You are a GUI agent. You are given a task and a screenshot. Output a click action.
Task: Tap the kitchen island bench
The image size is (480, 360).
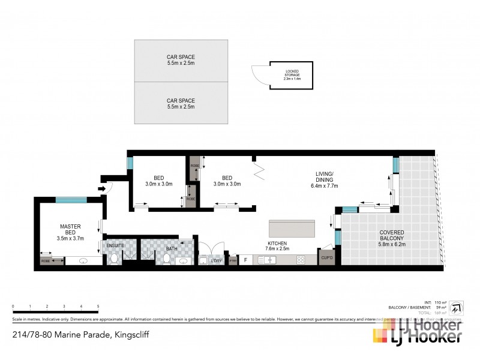pyautogui.click(x=292, y=229)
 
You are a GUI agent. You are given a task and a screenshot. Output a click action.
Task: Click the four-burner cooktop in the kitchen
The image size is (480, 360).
pyautogui.click(x=301, y=260)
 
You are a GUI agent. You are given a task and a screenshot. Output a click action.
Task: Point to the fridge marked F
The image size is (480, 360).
pyautogui.click(x=245, y=260)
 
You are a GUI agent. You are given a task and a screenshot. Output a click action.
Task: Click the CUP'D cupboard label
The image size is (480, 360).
pyautogui.click(x=326, y=259)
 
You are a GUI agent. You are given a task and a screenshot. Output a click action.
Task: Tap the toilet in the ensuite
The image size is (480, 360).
pyautogui.click(x=113, y=259)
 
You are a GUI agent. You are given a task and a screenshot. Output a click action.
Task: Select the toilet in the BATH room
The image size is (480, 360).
pyautogui.click(x=166, y=259)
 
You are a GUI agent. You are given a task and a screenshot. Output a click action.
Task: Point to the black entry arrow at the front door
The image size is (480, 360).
pyautogui.click(x=102, y=189)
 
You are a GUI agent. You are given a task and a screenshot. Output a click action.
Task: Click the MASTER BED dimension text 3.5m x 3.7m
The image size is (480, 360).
pyautogui.click(x=70, y=238)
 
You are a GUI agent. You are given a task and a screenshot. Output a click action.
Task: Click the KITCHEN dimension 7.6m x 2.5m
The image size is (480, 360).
pyautogui.click(x=275, y=248)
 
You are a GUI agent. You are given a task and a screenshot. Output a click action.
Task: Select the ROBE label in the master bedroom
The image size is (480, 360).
pyautogui.click(x=46, y=262)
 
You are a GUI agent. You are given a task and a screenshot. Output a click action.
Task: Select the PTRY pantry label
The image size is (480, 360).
pyautogui.click(x=232, y=262)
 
